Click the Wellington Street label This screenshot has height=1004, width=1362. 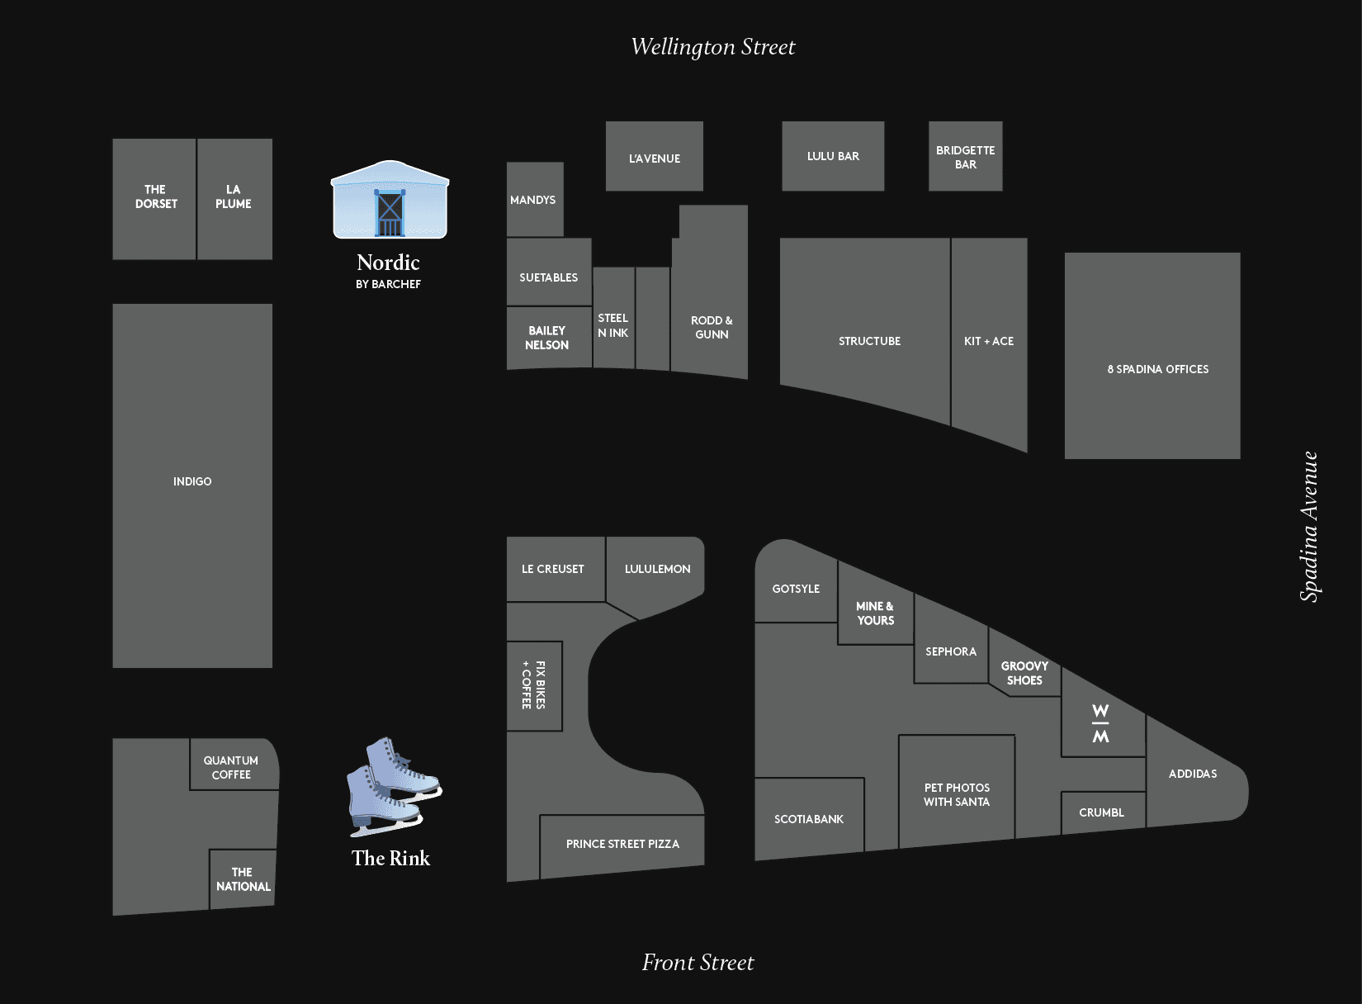tap(713, 47)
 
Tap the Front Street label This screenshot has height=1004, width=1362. tap(698, 963)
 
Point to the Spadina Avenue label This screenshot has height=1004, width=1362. tap(1309, 527)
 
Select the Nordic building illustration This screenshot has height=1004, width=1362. tap(390, 201)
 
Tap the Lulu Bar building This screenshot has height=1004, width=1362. tap(833, 156)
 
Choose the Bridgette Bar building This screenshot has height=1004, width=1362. tap(965, 157)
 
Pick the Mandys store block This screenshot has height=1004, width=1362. tap(534, 200)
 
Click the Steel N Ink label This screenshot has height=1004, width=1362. tap(613, 325)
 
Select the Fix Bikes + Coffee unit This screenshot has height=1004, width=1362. tap(534, 685)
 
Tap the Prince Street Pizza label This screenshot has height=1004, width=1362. tap(622, 844)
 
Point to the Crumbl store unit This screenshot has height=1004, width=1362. tap(1102, 812)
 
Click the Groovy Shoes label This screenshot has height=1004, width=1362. tap(1024, 673)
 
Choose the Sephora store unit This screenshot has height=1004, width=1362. tap(951, 652)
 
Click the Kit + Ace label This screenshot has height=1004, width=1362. tap(989, 341)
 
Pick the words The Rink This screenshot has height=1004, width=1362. tap(390, 859)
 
